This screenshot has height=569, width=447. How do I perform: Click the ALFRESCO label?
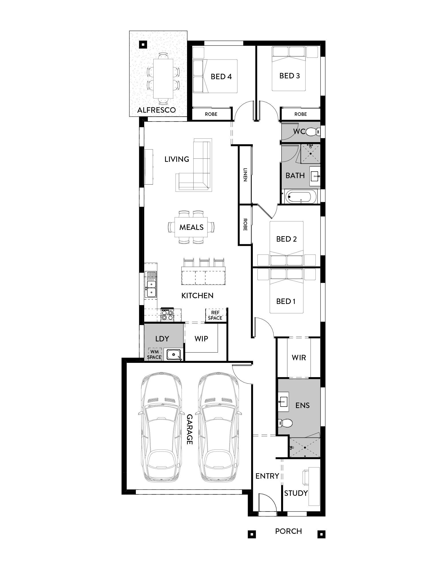coord(156,110)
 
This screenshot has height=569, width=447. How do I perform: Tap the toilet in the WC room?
coord(313,132)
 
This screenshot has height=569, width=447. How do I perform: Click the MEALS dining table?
coord(191,227)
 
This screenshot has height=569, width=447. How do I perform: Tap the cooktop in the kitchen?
coord(167,315)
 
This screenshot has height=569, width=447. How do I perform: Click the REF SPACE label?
coord(215,315)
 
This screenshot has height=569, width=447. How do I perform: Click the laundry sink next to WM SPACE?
coord(173,355)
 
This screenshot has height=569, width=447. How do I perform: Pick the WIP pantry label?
coord(201,339)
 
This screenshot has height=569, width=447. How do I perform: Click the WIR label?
coord(299,358)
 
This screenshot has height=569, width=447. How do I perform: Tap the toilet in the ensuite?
coord(285,423)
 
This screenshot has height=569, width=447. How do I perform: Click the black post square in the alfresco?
coord(143,44)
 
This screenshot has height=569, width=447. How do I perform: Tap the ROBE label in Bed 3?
coord(301,114)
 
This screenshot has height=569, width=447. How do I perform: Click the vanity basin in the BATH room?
coord(315,177)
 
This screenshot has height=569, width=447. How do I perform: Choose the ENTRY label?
coord(267,476)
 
